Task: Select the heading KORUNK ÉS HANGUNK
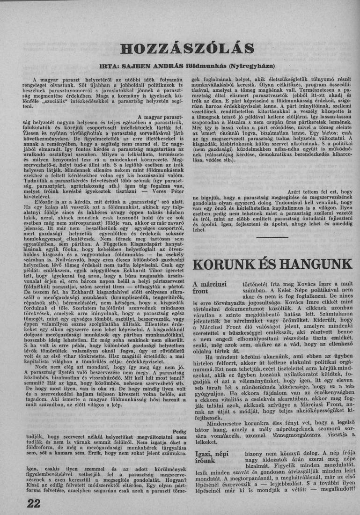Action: click(x=272, y=264)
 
